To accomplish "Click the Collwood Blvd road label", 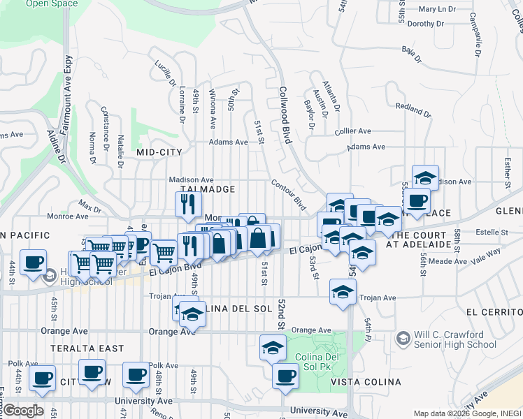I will tap(285, 115).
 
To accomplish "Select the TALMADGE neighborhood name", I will tap(206, 189).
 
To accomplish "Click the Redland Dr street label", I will tap(413, 110).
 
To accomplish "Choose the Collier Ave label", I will tap(353, 131).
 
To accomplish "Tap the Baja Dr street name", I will tap(413, 54).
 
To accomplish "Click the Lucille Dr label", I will tap(164, 73).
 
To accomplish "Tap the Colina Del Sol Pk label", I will tap(322, 353).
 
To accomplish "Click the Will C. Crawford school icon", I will tap(403, 339).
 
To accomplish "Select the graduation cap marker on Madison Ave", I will tap(425, 177).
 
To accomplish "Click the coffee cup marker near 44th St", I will tap(34, 263).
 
